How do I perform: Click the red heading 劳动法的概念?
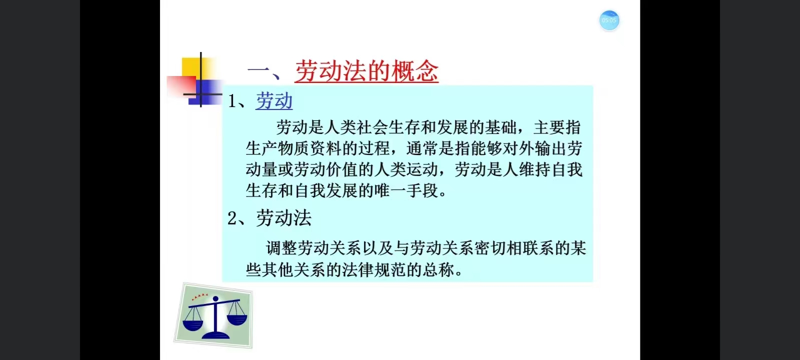pyautogui.click(x=366, y=70)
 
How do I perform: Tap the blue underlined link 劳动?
pyautogui.click(x=274, y=100)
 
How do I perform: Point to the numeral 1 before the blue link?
pyautogui.click(x=232, y=101)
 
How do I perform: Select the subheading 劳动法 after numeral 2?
pyautogui.click(x=284, y=218)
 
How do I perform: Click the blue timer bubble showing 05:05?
pyautogui.click(x=609, y=20)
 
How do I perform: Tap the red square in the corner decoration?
pyautogui.click(x=181, y=85)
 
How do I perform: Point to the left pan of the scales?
pyautogui.click(x=193, y=324)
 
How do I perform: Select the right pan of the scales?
pyautogui.click(x=237, y=319)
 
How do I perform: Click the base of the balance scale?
pyautogui.click(x=215, y=335)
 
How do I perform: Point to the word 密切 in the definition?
pyautogui.click(x=490, y=248)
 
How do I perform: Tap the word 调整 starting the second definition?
pyautogui.click(x=281, y=248)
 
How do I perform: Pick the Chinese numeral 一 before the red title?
pyautogui.click(x=258, y=70)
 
